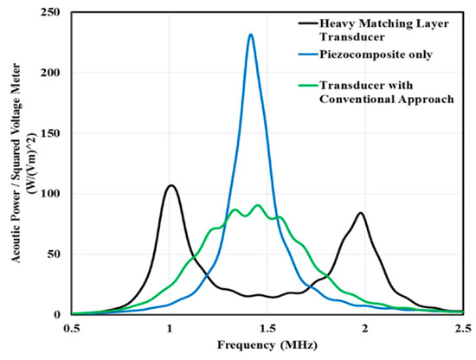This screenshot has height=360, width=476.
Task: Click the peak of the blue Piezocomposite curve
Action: click(250, 35)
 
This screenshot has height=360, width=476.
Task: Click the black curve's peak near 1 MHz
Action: click(171, 185)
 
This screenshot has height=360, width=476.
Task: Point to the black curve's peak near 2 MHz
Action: click(360, 213)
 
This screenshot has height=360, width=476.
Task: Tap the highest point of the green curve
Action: click(258, 205)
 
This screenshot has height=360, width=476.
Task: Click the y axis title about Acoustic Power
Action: click(19, 164)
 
